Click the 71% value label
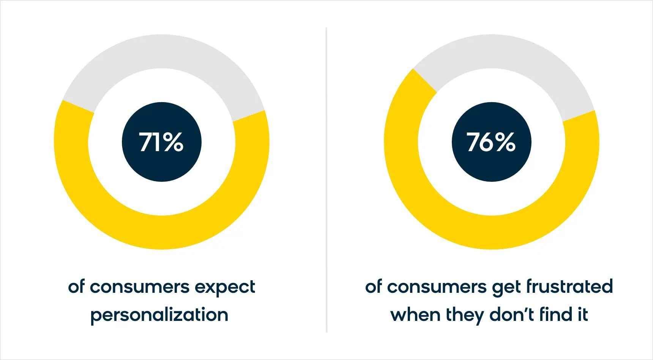[x=161, y=142]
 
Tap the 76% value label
[x=491, y=142]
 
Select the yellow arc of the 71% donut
[x=161, y=232]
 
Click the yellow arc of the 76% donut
[x=491, y=232]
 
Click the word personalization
[x=159, y=315]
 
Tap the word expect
[x=225, y=287]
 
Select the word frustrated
[x=569, y=286]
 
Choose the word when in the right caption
[x=415, y=315]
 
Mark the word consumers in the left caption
[x=140, y=287]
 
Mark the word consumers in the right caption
[x=437, y=287]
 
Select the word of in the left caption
[x=76, y=287]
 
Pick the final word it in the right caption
[x=583, y=315]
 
